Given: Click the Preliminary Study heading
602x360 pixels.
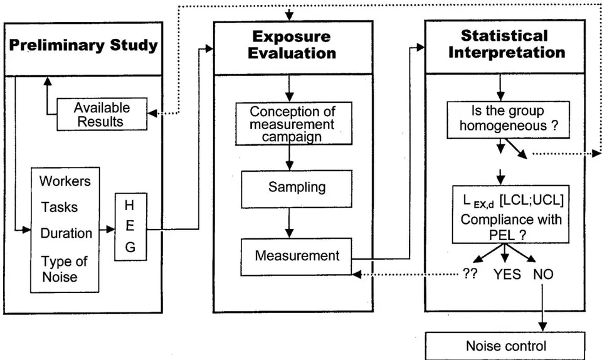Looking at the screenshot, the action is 83,45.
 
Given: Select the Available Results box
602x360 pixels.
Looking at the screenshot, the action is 102,114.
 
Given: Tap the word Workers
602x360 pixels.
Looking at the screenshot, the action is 65,181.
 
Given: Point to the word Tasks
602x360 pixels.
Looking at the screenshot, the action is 60,207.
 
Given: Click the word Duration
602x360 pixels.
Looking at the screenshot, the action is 66,233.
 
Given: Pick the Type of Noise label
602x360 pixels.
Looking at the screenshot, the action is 64,269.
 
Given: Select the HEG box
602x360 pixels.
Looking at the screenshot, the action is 130,227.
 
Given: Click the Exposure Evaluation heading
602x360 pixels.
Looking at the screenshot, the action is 292,45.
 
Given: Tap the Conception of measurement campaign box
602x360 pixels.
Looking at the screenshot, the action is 293,124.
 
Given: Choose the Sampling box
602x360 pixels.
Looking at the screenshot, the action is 297,189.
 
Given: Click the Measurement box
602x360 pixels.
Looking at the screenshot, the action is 296,257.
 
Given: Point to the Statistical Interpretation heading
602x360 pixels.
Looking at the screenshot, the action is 506,44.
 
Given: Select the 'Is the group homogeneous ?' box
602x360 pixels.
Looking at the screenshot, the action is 508,120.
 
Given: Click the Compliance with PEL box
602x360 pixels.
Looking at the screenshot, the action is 510,214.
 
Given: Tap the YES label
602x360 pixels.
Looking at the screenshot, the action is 507,275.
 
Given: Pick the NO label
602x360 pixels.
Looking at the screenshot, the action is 543,275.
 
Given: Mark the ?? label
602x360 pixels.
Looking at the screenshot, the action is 470,273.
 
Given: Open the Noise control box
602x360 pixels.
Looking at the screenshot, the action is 505,346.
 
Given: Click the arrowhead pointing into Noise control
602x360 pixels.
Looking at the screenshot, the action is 542,327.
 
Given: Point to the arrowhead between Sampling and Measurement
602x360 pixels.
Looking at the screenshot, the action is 290,233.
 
